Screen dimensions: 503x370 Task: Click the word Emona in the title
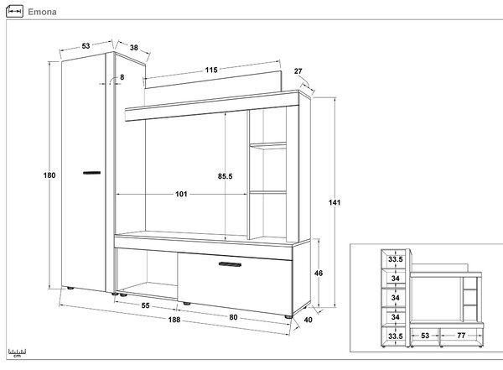click(42, 12)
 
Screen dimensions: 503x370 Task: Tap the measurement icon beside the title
click(14, 11)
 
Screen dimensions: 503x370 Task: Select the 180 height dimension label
click(49, 175)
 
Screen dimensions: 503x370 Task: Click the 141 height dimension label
click(334, 202)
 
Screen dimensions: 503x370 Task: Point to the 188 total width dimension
click(174, 320)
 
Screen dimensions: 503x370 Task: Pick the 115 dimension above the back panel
click(211, 70)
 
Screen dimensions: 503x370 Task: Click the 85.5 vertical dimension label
click(225, 176)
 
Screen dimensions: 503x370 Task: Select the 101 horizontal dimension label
click(181, 194)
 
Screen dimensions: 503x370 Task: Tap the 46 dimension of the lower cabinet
click(319, 273)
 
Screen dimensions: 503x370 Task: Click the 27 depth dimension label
click(298, 71)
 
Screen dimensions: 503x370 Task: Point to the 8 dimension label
click(122, 77)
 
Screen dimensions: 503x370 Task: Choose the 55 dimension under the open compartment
click(145, 305)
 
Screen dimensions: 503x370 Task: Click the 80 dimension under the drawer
click(233, 317)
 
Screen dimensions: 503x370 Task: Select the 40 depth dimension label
click(308, 320)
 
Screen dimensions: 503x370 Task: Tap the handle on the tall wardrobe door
click(91, 173)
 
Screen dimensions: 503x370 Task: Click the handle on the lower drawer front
click(230, 264)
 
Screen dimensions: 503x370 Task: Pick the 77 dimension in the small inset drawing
click(461, 336)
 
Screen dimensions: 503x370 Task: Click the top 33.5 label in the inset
click(395, 259)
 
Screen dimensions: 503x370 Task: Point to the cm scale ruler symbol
click(17, 352)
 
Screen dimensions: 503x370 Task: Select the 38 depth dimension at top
click(134, 48)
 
